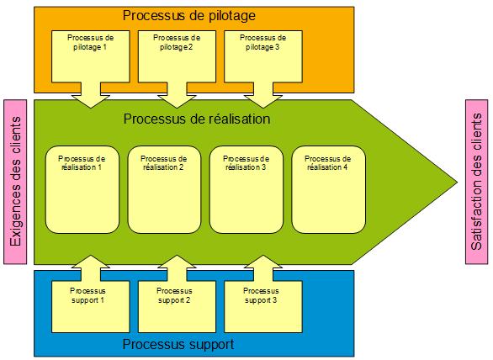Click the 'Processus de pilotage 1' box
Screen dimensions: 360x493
pos(92,55)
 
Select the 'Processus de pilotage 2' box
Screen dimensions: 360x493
pos(178,55)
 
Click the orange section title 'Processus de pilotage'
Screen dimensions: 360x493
pos(188,16)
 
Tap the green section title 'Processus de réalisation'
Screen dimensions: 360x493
pos(196,119)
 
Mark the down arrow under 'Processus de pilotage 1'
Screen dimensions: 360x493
pos(92,98)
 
